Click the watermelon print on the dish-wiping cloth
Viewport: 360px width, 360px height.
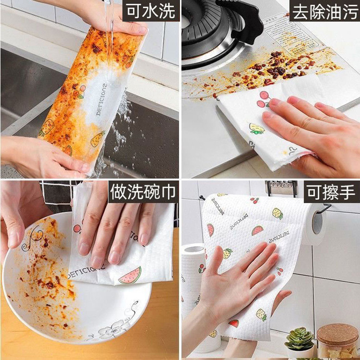130,275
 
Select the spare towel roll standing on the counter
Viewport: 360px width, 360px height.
193,288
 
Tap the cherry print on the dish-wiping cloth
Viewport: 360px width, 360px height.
77,227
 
